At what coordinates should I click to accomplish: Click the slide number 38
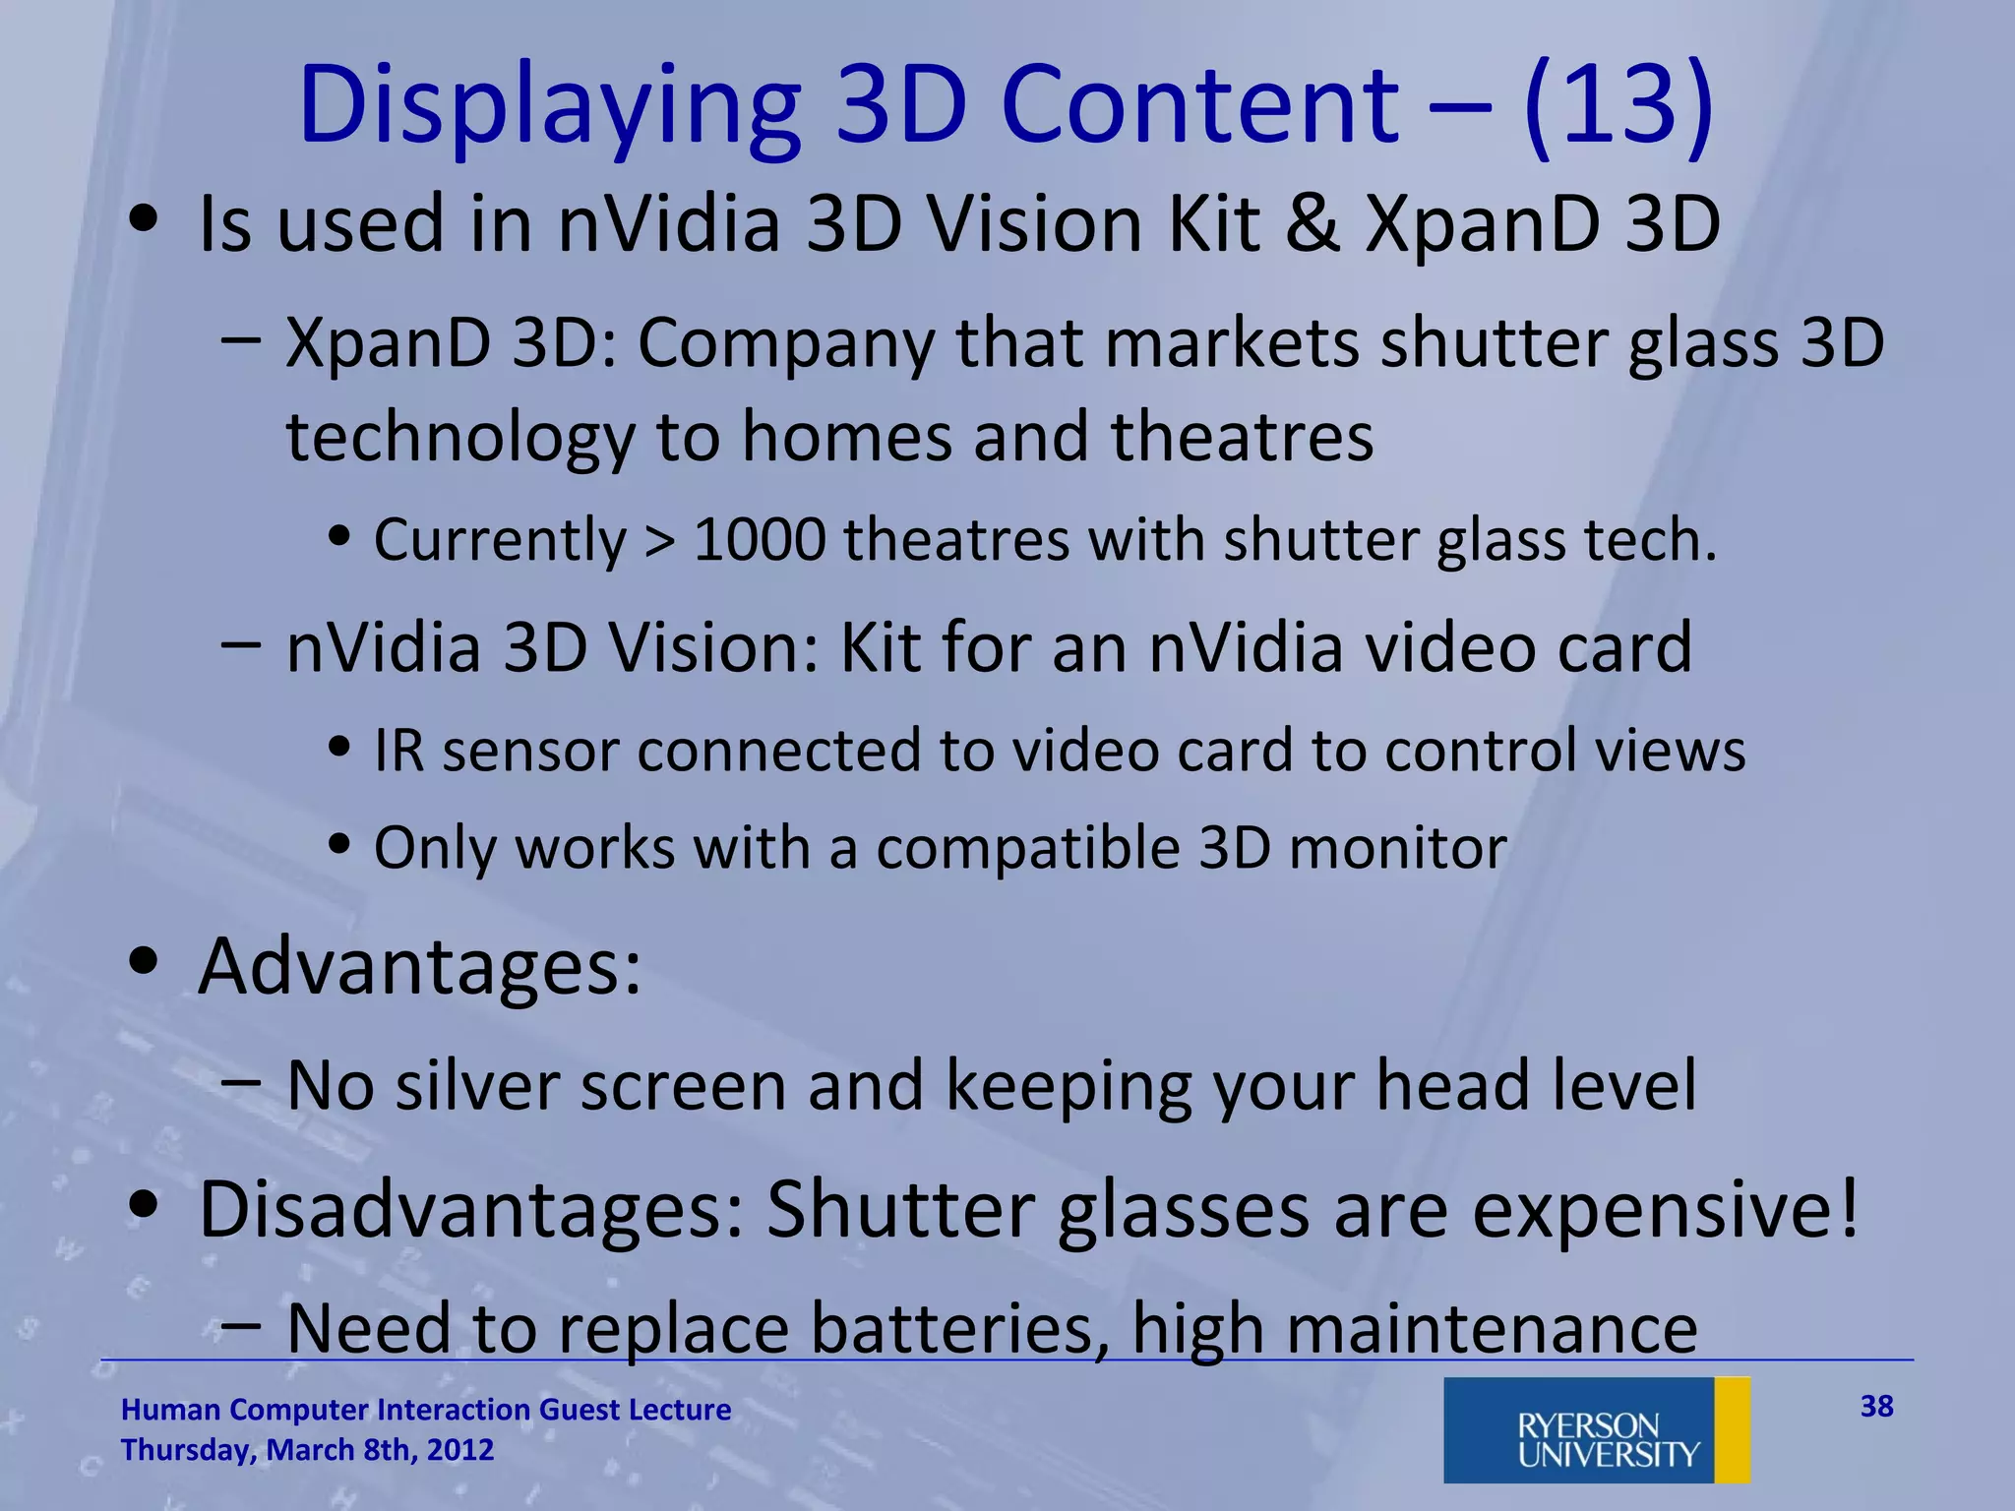(1876, 1406)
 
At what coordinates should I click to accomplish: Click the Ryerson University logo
(1596, 1429)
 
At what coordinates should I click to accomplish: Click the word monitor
(1398, 847)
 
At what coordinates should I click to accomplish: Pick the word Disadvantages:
(472, 1209)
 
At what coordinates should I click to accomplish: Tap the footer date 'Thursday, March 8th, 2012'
(307, 1450)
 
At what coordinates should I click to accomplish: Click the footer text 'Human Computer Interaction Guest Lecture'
(426, 1410)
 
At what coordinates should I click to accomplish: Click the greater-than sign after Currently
(660, 541)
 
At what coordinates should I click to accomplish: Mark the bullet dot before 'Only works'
(340, 845)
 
